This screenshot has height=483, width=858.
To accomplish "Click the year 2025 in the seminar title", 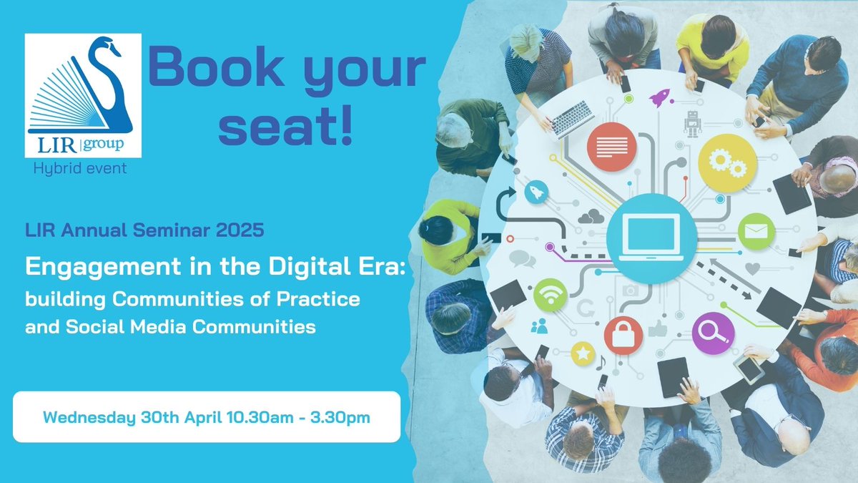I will (243, 231).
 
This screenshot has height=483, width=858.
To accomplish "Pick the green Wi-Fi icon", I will (550, 293).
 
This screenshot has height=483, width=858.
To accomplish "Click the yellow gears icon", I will (727, 163).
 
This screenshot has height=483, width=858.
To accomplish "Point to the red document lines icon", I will (611, 147).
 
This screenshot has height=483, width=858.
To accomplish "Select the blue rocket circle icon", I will (537, 191).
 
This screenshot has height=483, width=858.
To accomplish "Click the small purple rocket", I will (659, 98).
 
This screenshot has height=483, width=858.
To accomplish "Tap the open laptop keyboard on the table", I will (573, 118).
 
